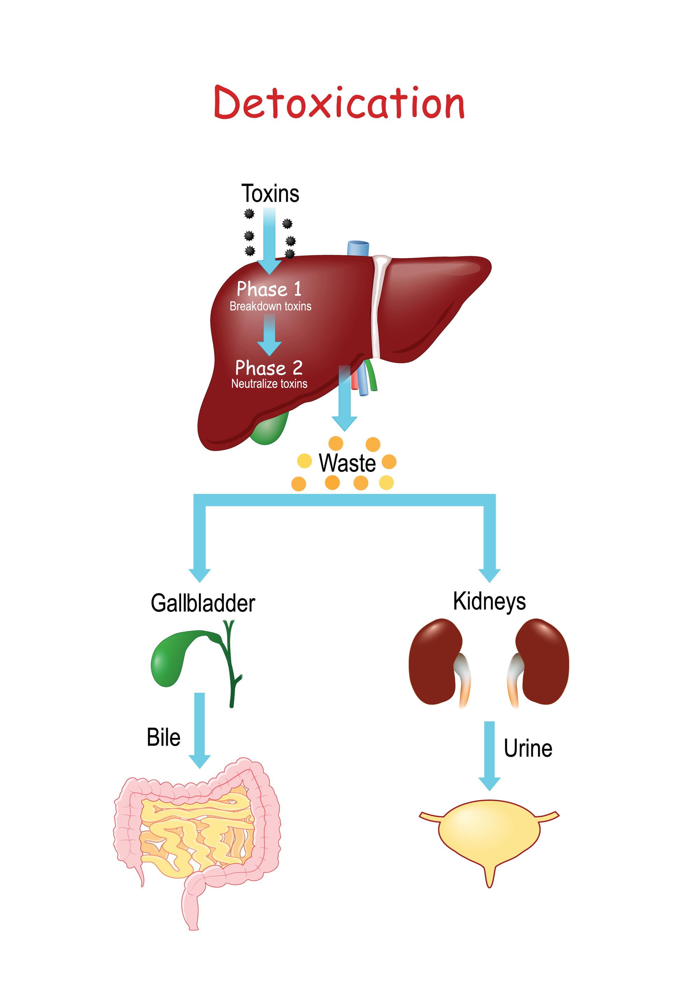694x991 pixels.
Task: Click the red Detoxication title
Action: [339, 103]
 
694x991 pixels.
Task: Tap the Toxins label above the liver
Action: [270, 193]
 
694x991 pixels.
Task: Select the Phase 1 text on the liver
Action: [269, 289]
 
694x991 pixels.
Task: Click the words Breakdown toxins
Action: [270, 307]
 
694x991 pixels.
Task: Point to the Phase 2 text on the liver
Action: [269, 368]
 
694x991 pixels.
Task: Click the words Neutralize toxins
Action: [269, 384]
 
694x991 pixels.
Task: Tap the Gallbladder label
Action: [203, 603]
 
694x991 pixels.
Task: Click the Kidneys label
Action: [489, 601]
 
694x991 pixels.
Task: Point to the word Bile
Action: [163, 737]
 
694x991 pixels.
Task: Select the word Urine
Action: [528, 748]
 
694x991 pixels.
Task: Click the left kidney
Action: [434, 662]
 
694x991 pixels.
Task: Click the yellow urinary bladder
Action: [489, 831]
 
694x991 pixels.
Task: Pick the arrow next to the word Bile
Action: [199, 730]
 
